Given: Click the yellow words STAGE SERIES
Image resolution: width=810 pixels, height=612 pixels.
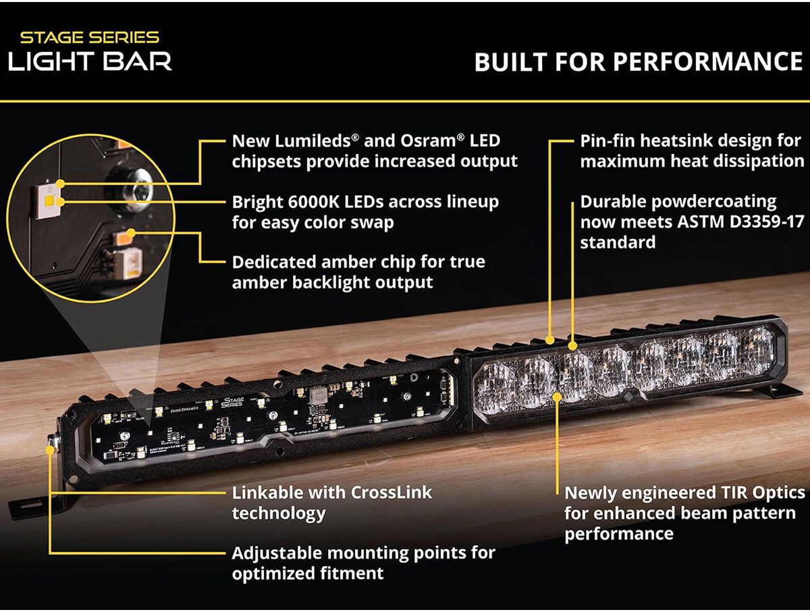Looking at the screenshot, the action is [90, 38].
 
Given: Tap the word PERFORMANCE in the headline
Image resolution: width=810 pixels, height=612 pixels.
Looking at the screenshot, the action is [708, 61].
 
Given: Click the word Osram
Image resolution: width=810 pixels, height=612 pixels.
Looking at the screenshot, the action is [428, 141].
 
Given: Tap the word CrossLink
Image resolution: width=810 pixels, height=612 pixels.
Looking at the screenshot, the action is [391, 492].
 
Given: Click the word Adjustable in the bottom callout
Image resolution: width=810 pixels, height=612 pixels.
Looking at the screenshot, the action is [277, 553].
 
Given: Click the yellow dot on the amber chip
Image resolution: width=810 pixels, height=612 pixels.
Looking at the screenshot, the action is [131, 233].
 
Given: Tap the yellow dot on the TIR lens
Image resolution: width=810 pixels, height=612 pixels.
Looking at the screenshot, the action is [558, 397].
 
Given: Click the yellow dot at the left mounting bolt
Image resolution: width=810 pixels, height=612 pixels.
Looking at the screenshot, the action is [49, 450].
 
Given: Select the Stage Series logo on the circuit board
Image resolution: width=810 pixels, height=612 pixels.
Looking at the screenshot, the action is [232, 402].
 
